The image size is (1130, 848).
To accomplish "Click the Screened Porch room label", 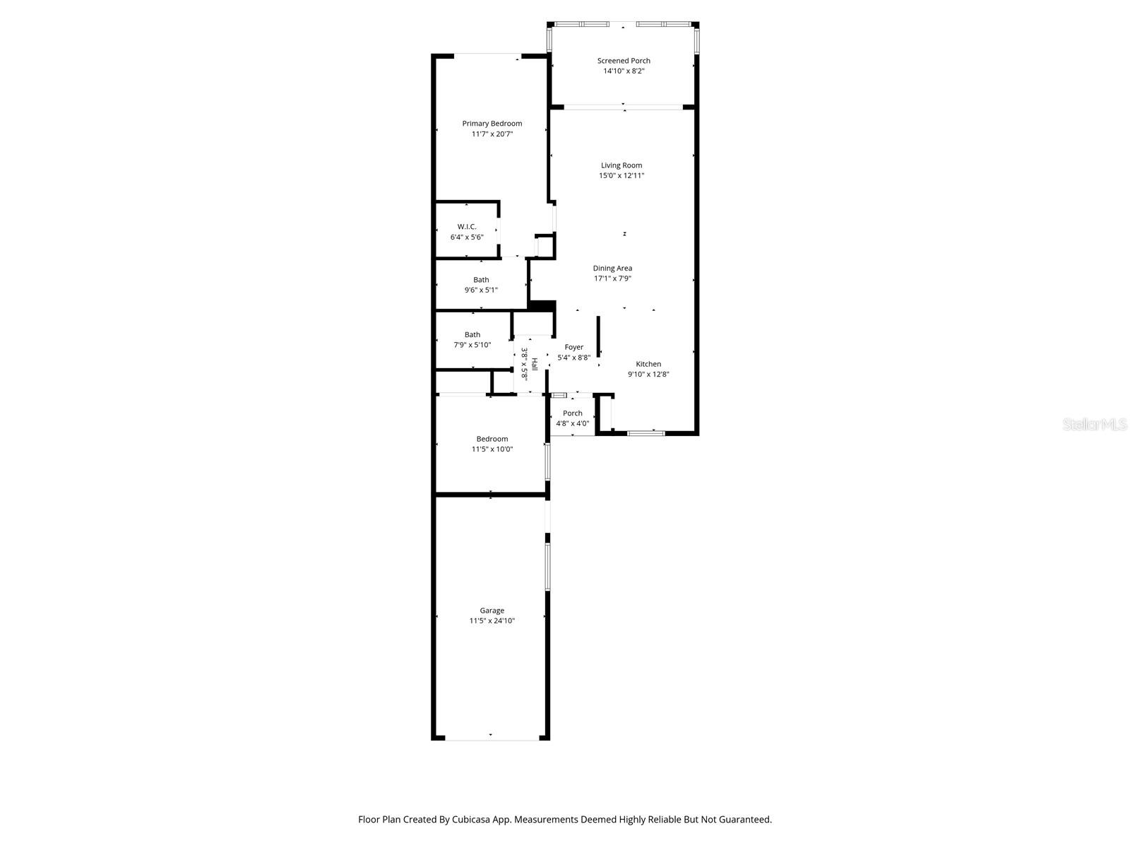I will coord(624,61).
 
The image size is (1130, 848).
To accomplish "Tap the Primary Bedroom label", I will coord(492,124).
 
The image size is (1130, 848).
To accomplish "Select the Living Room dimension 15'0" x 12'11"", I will coord(621,176).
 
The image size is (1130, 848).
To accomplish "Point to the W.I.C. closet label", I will coord(467,227).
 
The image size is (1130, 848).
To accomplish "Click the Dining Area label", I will coord(612,269).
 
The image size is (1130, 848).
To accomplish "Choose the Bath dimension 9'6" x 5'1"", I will coord(481,290).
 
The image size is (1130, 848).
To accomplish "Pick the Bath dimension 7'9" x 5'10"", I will coord(472,346).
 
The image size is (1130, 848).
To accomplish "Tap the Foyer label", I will coord(574,348).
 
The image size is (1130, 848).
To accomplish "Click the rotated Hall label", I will coord(535,365).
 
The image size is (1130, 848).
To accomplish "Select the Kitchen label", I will coord(648,365).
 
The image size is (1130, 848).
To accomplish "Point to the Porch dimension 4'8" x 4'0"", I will coord(572,424).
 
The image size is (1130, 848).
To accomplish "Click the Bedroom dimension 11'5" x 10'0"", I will coord(492,449).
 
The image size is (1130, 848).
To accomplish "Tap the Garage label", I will coord(492,611).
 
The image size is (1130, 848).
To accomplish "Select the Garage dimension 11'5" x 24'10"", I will coord(492,621).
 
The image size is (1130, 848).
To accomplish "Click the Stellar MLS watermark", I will coord(1095,424).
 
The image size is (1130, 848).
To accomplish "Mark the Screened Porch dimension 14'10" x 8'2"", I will coord(624,71).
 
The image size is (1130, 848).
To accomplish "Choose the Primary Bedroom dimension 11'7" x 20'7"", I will coord(492,134).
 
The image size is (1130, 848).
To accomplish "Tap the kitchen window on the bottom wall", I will coord(646,432).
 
